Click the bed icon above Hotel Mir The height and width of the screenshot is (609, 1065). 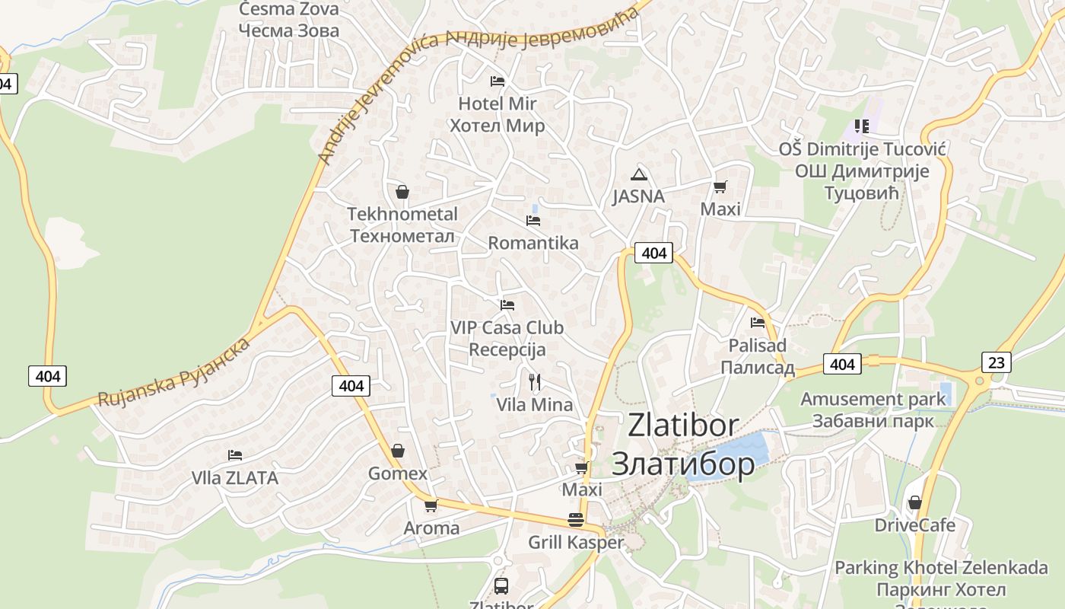[498, 81]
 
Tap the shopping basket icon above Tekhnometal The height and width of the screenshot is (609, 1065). [402, 192]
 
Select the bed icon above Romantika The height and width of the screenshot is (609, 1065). [533, 221]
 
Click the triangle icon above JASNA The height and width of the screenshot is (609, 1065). [638, 174]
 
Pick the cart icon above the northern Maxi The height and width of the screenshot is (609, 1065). [720, 187]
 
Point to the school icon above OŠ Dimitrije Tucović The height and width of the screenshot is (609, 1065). [861, 126]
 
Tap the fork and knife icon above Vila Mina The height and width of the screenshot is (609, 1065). [535, 381]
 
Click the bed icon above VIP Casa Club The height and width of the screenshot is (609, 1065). [507, 305]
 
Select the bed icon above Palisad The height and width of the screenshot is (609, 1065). [757, 323]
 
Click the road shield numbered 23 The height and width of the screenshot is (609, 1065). [996, 362]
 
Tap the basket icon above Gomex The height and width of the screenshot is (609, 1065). [397, 451]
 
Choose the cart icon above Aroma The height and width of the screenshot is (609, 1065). [431, 505]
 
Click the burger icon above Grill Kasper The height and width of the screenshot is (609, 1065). [576, 520]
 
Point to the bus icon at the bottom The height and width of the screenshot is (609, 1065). [501, 585]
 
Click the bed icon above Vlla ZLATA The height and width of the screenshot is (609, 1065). [235, 455]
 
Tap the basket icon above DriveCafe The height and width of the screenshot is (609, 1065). [914, 502]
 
